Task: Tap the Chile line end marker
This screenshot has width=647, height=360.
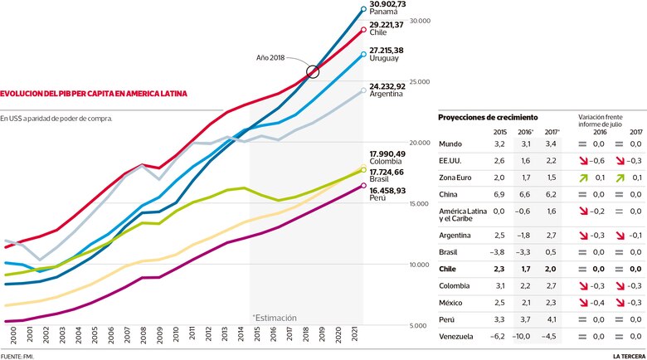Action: coord(363,30)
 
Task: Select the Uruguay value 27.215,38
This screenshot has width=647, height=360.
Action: coord(387,51)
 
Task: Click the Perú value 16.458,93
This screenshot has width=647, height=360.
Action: coord(387,190)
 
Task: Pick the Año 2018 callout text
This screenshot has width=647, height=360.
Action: coord(271,57)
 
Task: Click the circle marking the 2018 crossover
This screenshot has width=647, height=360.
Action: coord(313,72)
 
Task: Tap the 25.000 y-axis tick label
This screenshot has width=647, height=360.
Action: coord(420,81)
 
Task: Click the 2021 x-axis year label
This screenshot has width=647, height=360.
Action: coord(356,335)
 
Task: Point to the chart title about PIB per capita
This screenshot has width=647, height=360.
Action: coord(94,94)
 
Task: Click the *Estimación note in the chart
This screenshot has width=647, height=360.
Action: coord(274,317)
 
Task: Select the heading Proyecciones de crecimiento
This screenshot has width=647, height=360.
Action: coord(487,119)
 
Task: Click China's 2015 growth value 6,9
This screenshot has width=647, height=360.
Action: coord(499,193)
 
